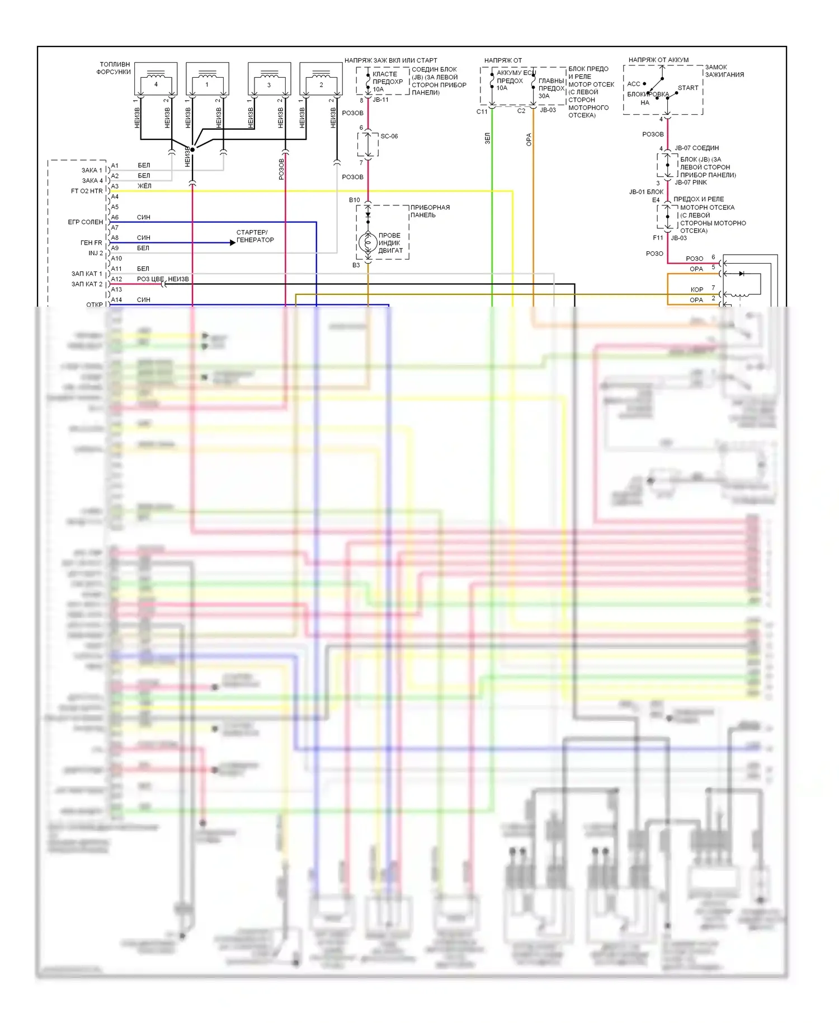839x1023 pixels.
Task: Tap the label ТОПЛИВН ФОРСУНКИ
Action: [x=114, y=68]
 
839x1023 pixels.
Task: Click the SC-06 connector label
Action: [x=389, y=136]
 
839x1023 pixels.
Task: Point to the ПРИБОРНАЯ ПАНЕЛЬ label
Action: [x=430, y=211]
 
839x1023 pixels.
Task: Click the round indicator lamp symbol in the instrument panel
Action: [x=367, y=242]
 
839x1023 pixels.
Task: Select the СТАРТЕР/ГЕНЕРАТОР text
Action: [x=255, y=236]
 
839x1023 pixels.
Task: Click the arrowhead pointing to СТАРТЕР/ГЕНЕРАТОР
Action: [x=233, y=242]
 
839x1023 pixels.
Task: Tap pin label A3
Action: [x=115, y=186]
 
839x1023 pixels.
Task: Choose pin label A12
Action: [x=116, y=279]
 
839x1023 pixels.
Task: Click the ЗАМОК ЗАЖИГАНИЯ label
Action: [x=724, y=71]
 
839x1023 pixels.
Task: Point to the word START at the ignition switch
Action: [x=688, y=88]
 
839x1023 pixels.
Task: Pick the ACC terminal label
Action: [x=634, y=84]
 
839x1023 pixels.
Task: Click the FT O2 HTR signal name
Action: [x=87, y=191]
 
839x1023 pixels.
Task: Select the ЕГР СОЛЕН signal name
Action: [x=86, y=222]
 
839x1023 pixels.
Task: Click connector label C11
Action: [x=482, y=112]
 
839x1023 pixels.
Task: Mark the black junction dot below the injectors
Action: [x=192, y=149]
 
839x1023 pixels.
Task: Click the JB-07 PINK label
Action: [x=691, y=182]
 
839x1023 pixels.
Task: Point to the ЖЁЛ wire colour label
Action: [x=144, y=186]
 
